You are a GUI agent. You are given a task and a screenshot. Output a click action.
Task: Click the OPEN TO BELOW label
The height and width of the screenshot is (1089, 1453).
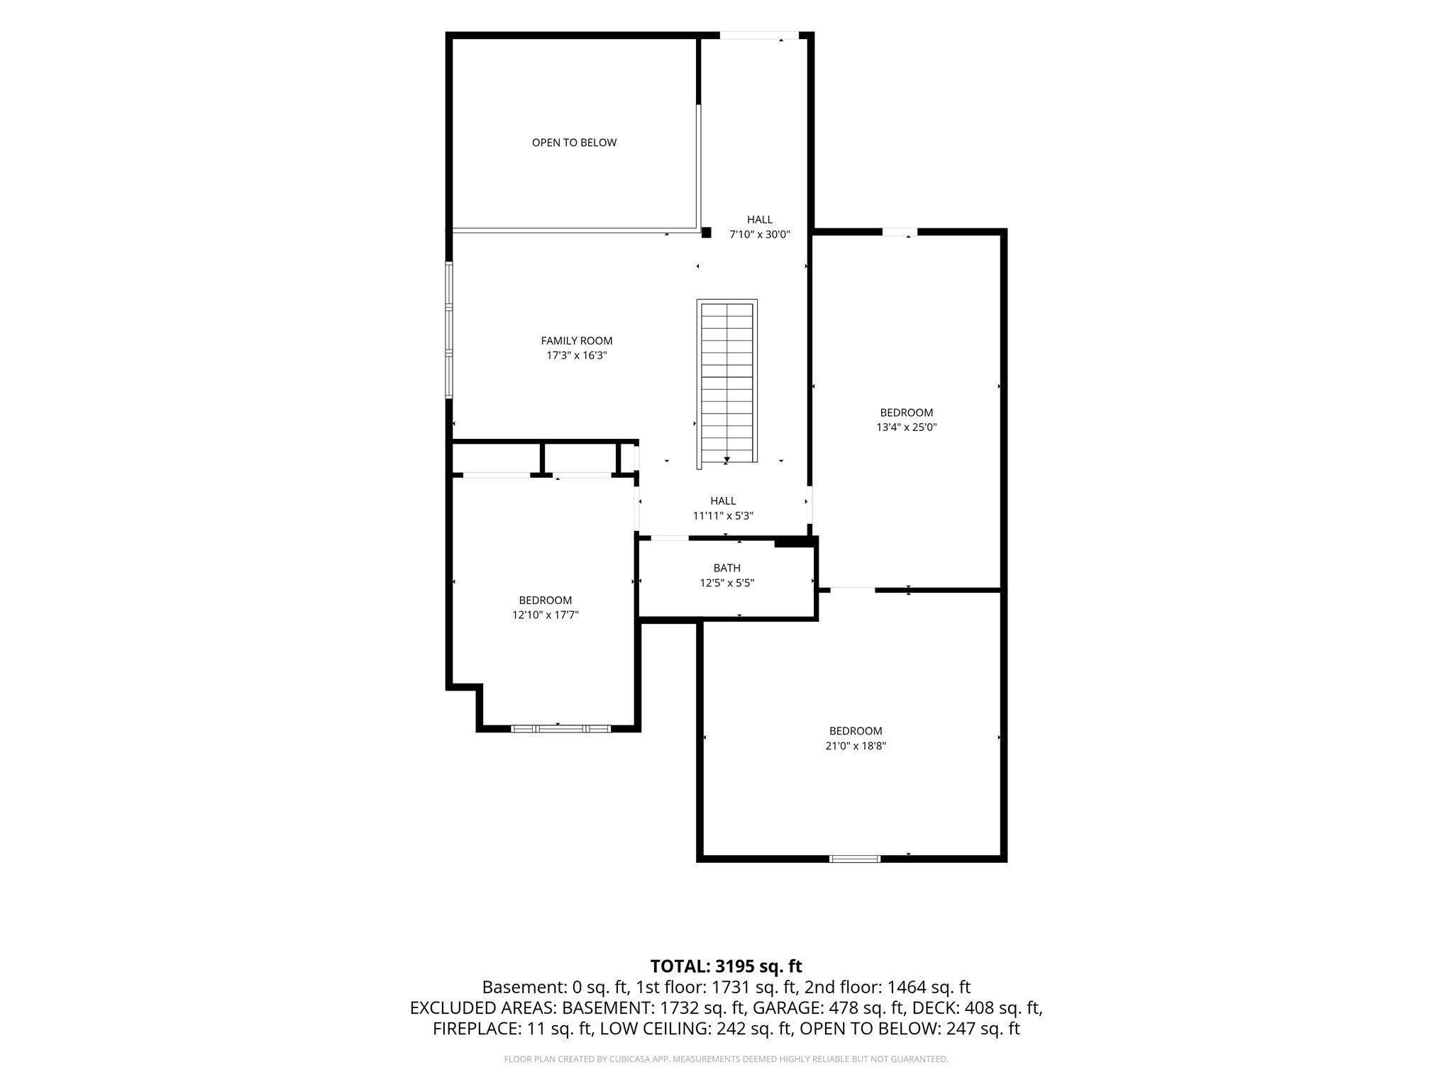(x=574, y=143)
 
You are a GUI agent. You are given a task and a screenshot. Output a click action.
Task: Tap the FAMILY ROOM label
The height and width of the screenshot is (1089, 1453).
(x=576, y=341)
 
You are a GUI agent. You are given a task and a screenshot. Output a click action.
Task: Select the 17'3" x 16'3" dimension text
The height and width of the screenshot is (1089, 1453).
(x=576, y=356)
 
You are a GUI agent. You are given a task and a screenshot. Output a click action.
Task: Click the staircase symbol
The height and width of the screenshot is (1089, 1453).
(x=727, y=384)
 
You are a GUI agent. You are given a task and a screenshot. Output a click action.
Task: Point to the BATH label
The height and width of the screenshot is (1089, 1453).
(x=726, y=568)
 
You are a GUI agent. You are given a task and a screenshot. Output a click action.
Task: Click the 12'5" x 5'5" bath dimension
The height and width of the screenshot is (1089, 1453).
(x=726, y=583)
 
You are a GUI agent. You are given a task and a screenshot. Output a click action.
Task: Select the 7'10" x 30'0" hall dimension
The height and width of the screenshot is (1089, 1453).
(x=759, y=235)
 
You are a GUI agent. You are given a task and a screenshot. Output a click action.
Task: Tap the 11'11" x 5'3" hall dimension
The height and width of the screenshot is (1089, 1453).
(x=723, y=516)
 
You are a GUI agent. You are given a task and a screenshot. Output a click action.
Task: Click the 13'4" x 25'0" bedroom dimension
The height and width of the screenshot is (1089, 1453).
(x=907, y=428)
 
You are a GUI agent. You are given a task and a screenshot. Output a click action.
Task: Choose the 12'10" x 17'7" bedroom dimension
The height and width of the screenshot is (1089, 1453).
(x=545, y=615)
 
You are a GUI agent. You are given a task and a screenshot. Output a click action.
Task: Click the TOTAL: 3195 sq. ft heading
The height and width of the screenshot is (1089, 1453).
(x=726, y=966)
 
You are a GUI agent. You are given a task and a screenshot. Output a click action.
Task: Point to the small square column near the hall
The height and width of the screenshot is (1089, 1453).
(x=706, y=232)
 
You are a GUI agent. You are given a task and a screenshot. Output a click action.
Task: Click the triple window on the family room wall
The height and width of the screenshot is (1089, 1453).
(x=449, y=330)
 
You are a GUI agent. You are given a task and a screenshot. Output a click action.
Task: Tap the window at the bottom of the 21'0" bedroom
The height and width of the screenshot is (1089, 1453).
(x=855, y=859)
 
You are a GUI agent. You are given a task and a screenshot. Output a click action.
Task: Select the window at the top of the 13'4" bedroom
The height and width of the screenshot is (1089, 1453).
(x=900, y=232)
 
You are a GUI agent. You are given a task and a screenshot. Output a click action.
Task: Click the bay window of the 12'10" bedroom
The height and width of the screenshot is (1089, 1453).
(x=560, y=728)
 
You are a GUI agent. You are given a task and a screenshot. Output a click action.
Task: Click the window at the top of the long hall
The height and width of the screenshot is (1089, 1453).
(x=759, y=35)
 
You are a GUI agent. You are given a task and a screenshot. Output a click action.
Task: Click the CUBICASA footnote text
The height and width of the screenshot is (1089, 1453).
(x=726, y=1059)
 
